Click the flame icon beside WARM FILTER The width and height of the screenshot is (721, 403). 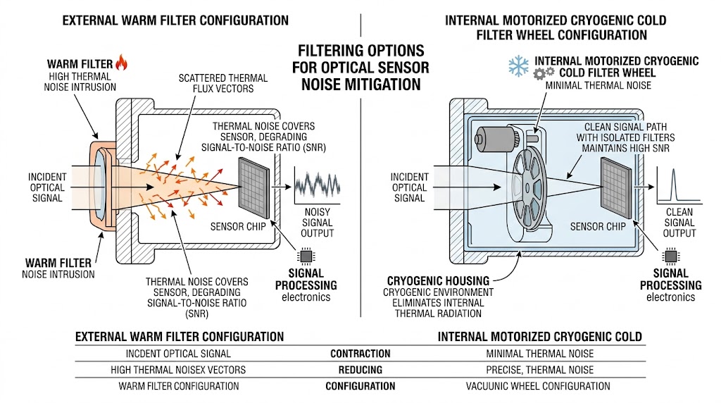(121, 63)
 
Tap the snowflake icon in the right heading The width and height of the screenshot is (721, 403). (518, 66)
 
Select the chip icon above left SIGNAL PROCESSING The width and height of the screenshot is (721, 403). (306, 255)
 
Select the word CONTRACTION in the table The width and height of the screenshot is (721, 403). (360, 354)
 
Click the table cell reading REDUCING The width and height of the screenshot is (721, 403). (360, 370)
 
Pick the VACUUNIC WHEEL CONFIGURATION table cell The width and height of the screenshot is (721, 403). (538, 386)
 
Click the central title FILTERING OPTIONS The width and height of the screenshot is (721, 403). (360, 51)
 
